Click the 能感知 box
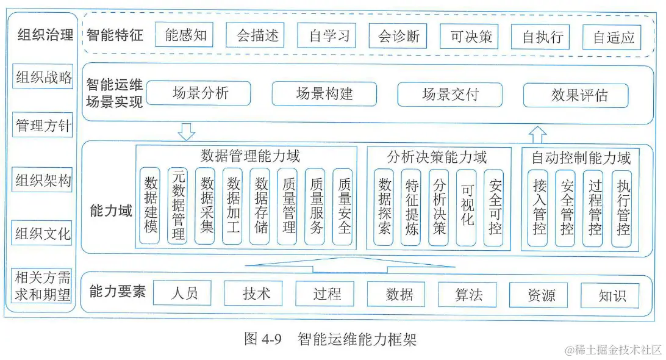click(185, 35)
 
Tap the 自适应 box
click(613, 37)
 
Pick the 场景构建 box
click(324, 94)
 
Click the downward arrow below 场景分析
click(185, 131)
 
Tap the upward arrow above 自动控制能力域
click(537, 134)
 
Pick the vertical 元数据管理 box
click(177, 206)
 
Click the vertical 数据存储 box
click(261, 206)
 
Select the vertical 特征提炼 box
click(411, 207)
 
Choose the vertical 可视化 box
click(467, 207)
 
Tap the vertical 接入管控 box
click(538, 208)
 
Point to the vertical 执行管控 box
click(621, 208)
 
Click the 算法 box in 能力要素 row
click(468, 294)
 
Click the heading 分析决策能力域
click(437, 157)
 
